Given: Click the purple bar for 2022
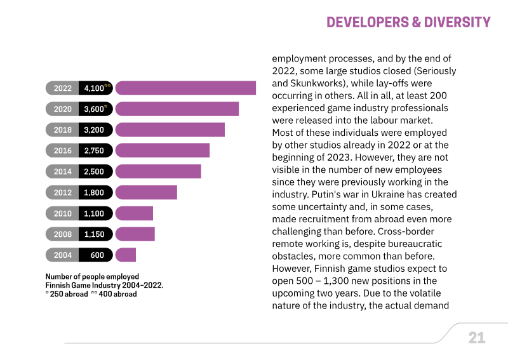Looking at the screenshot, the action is coord(185,88).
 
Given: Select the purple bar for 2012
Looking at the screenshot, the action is coord(146,192).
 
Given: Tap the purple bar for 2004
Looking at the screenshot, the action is coord(126,255).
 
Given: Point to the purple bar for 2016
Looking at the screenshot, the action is coord(163,150).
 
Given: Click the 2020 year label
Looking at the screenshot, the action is coord(62,109).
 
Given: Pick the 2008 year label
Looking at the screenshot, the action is coord(62,234).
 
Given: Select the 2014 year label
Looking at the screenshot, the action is coord(62,171).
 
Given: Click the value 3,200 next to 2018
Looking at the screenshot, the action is coord(94,130).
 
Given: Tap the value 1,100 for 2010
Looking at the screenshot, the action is coord(94,213).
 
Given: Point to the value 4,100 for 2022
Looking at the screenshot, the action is coord(94,88).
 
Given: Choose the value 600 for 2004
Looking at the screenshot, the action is coord(97,255).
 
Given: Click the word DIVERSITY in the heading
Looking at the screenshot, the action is coord(457,22).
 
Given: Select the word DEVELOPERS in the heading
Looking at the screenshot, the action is coord(368,22).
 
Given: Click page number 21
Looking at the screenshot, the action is coord(477,338).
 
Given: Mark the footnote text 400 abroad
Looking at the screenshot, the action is coord(117,294).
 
